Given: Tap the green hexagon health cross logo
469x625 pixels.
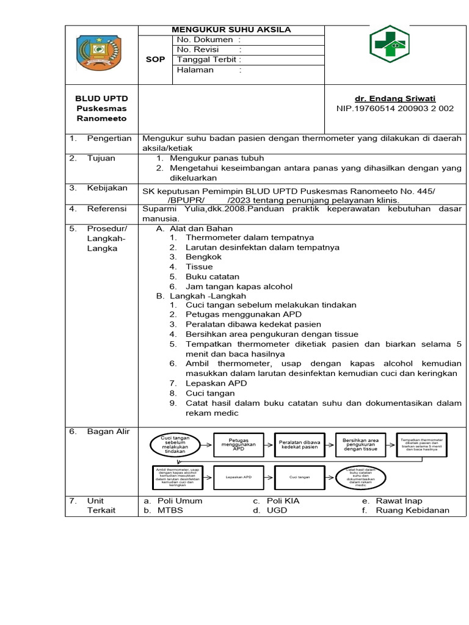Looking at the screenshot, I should point(389,45).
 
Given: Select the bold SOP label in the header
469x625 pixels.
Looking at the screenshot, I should point(156,60).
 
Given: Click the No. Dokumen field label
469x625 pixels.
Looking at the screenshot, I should point(205,40).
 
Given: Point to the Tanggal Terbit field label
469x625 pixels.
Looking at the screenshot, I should point(208,60).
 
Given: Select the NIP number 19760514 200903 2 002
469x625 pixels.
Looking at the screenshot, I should point(395,109).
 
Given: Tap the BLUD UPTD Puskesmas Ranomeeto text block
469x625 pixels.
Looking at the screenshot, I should point(101,109).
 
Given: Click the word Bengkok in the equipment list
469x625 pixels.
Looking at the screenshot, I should point(203,257).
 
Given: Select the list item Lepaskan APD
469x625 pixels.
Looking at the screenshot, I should point(216,383).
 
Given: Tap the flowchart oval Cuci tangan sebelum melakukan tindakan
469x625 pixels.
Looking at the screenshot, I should point(175,444).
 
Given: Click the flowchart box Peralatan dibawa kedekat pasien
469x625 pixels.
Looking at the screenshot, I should point(299,444).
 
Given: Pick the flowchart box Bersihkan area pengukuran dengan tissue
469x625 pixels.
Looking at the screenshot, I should point(360,444).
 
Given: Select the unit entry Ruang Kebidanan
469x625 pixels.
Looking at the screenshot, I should point(412,510).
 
